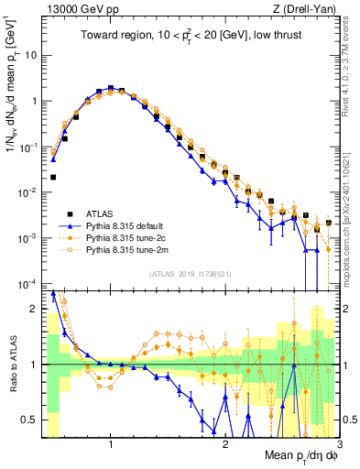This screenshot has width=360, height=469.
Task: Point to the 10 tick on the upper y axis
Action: [x=35, y=55]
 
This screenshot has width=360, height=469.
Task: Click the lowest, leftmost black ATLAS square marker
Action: [x=53, y=177]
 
